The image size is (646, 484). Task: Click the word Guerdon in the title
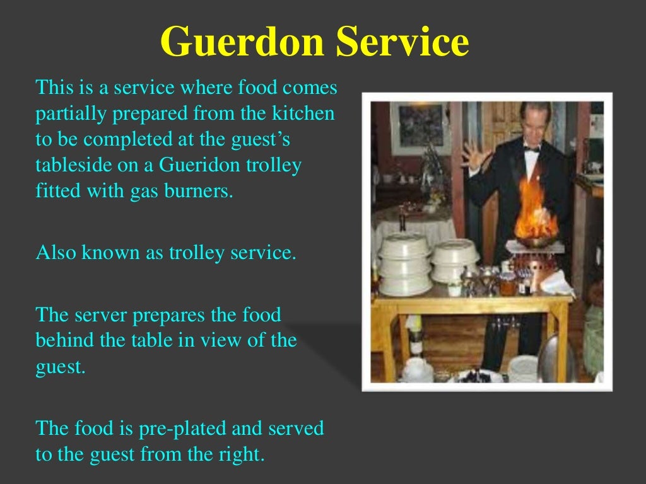point(242,43)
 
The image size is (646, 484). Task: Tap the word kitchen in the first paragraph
point(303,114)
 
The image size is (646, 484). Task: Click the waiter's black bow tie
point(531,149)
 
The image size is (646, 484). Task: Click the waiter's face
point(534,126)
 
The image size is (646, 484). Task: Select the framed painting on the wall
point(421,127)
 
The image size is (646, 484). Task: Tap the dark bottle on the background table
point(402,218)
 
